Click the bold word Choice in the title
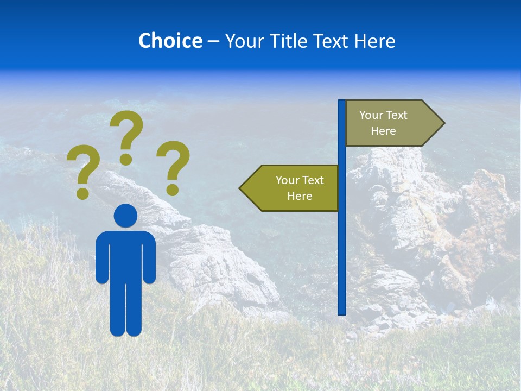[170, 41]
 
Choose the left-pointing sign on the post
[291, 188]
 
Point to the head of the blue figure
[126, 216]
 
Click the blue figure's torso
[126, 255]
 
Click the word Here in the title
[374, 41]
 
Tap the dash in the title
[213, 41]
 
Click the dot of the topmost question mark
[126, 159]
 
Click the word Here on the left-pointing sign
[300, 196]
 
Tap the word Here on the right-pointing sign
[383, 131]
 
